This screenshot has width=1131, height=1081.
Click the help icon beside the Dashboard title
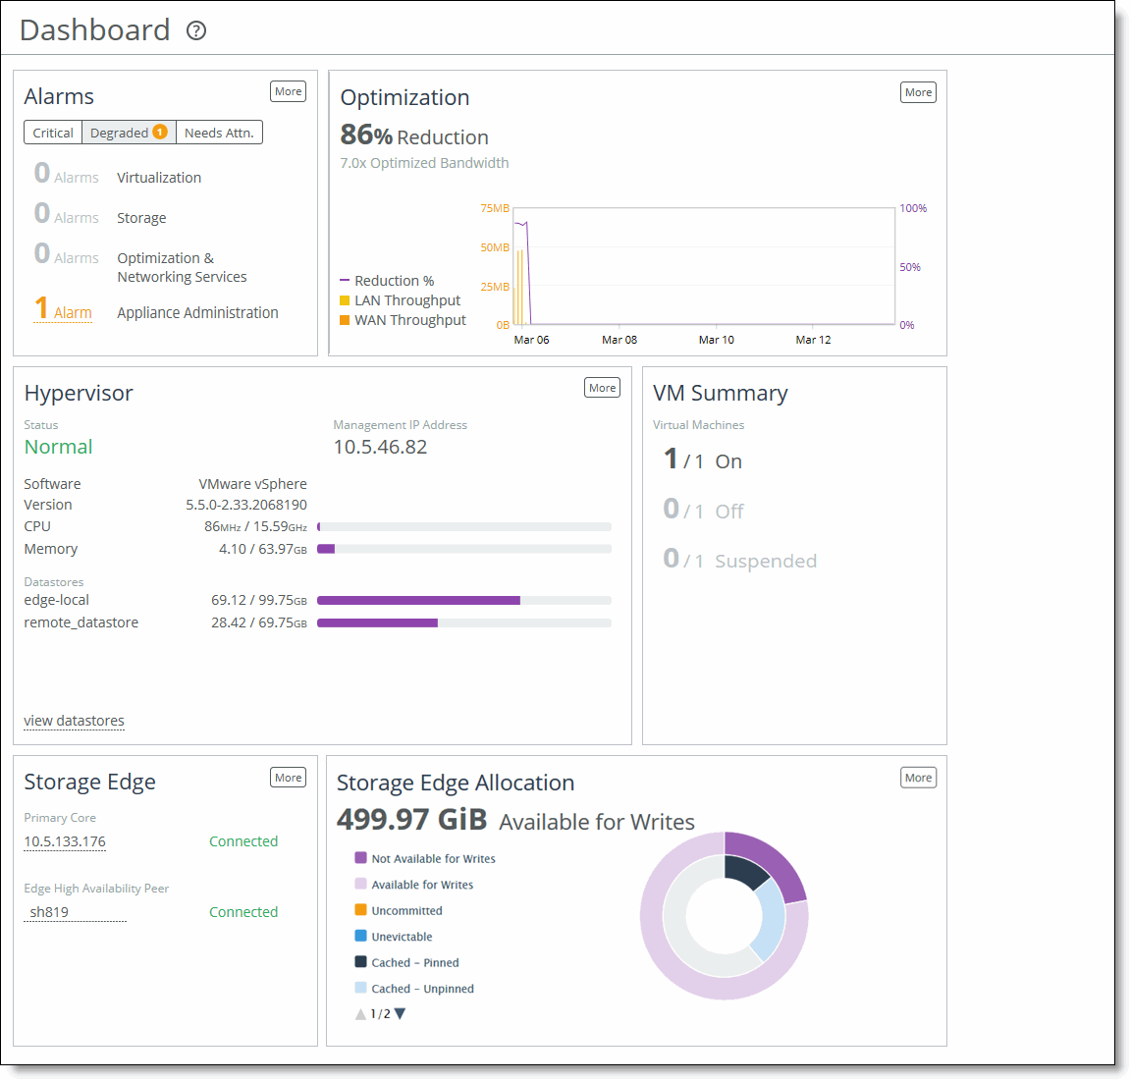[x=196, y=30]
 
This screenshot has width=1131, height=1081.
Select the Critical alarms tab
[x=53, y=133]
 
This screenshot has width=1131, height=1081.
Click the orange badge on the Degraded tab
[x=160, y=132]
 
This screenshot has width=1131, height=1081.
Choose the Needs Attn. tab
[x=219, y=133]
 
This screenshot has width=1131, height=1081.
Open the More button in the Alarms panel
[x=288, y=91]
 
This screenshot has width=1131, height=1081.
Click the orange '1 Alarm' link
[x=64, y=310]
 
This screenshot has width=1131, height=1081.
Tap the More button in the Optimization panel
[x=918, y=92]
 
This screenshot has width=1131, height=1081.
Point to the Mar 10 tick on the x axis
[x=716, y=340]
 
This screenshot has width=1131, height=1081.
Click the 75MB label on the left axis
[x=495, y=208]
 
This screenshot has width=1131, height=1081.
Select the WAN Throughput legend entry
[x=409, y=320]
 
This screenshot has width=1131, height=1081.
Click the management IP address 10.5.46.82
[x=380, y=447]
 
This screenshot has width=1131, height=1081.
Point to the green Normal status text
[x=58, y=447]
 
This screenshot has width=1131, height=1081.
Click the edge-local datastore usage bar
[x=463, y=600]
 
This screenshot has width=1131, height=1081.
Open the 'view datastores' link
[x=74, y=721]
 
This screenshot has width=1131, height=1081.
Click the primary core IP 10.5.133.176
[x=65, y=841]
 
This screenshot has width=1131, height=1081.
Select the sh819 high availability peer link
[x=49, y=912]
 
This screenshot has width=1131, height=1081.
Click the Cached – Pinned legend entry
[x=414, y=962]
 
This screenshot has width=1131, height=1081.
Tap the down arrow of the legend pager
[x=400, y=1013]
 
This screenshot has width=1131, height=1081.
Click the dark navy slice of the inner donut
[x=744, y=870]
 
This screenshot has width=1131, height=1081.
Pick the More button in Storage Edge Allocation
[x=918, y=778]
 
